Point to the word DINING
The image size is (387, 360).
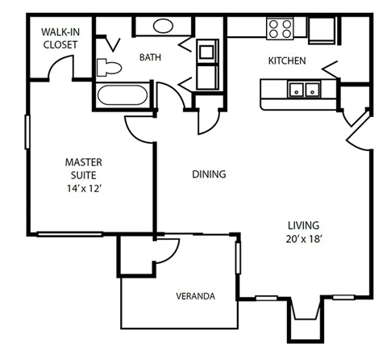coord(208,174)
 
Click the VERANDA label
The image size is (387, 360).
coord(195,296)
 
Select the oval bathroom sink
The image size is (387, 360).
coord(162,25)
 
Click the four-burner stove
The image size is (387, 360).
coord(281,28)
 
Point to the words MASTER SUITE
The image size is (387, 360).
coord(82,170)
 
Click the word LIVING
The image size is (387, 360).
coord(305,224)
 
